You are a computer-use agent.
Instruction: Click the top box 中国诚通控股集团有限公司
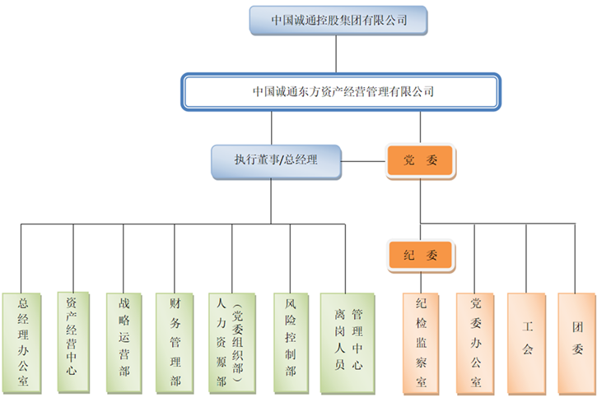339,21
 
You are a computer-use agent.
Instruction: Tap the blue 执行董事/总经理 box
276,161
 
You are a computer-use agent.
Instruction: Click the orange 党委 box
420,161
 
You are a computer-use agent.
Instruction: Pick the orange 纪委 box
420,255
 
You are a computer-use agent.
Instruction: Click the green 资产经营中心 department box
73,341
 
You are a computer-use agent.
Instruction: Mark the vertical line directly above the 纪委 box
420,231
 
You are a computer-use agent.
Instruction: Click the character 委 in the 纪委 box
431,255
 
